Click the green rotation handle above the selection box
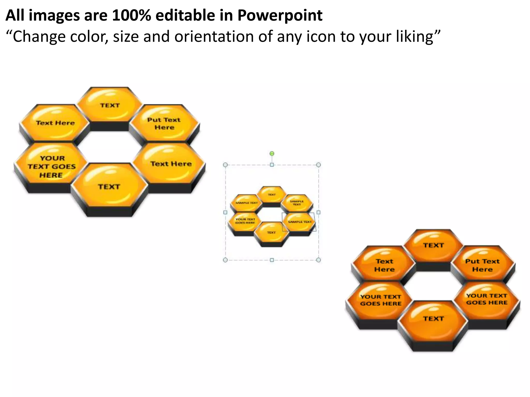pyautogui.click(x=272, y=154)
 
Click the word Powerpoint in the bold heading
pyautogui.click(x=280, y=15)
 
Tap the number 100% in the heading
pyautogui.click(x=131, y=15)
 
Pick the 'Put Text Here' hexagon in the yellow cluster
pyautogui.click(x=164, y=123)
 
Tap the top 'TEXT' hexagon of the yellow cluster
pyautogui.click(x=110, y=105)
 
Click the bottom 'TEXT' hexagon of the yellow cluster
pyautogui.click(x=109, y=187)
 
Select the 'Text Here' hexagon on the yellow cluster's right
pyautogui.click(x=171, y=164)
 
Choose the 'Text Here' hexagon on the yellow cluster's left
pyautogui.click(x=55, y=123)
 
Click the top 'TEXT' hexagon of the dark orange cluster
pyautogui.click(x=433, y=245)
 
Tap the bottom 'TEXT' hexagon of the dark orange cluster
pyautogui.click(x=433, y=318)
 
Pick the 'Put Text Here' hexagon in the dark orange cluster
pyautogui.click(x=482, y=265)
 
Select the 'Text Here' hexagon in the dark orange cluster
pyautogui.click(x=385, y=265)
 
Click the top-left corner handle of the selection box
pyautogui.click(x=225, y=165)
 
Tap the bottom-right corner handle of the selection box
pyautogui.click(x=319, y=260)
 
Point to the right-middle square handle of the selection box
pyautogui.click(x=319, y=212)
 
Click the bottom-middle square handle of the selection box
pyautogui.click(x=272, y=260)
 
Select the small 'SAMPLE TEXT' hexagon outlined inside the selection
pyautogui.click(x=299, y=222)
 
